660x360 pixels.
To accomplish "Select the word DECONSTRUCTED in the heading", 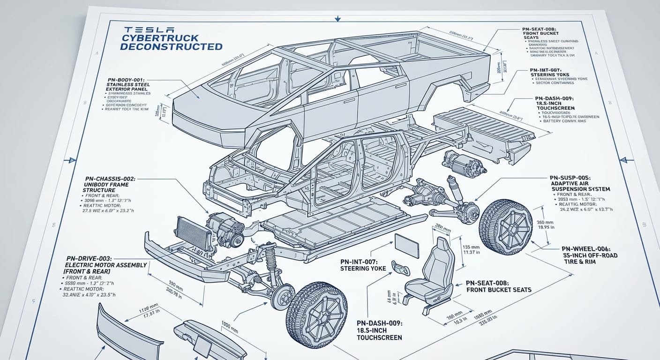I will pyautogui.click(x=171, y=46).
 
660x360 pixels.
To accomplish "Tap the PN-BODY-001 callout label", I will pyautogui.click(x=127, y=80).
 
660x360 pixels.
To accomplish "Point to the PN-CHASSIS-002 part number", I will pyautogui.click(x=110, y=179).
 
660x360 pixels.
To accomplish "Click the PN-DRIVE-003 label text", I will pyautogui.click(x=92, y=258).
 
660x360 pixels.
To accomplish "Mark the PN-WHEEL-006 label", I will pyautogui.click(x=589, y=249).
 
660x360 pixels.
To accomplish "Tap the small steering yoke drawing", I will pyautogui.click(x=400, y=268).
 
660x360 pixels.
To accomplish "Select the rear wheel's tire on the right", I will pyautogui.click(x=505, y=227).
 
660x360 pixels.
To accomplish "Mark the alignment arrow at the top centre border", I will pyautogui.click(x=337, y=19).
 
